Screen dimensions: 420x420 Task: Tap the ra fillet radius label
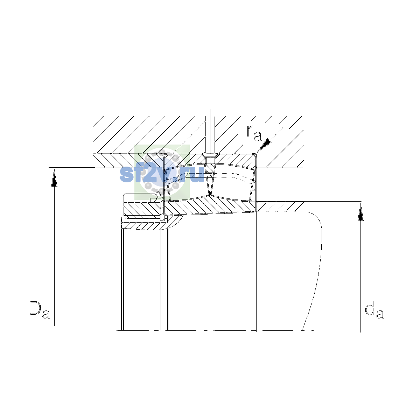coord(254,133)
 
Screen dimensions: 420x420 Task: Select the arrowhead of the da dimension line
coord(361,212)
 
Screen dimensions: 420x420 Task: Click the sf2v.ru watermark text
coord(162,174)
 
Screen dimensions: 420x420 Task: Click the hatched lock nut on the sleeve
coord(143,209)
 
